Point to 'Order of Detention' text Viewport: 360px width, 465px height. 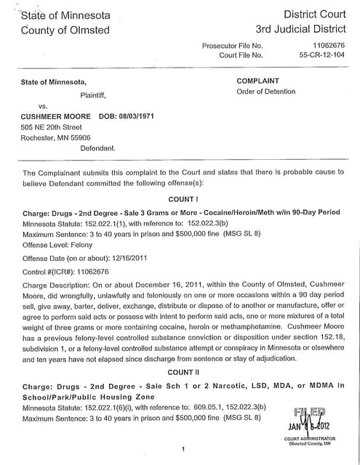pos(266,92)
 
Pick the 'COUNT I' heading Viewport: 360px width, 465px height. pos(183,198)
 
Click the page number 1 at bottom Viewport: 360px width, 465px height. pos(183,450)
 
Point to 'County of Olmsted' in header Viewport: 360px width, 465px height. pos(65,30)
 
